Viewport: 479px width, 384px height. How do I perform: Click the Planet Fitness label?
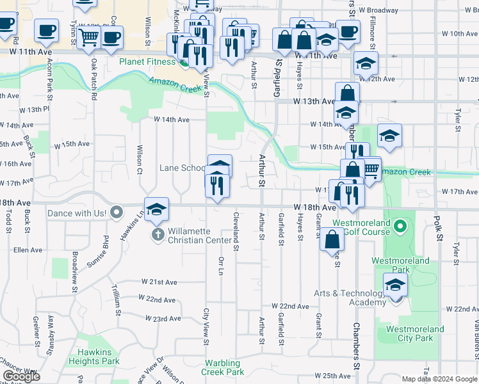coord(147,62)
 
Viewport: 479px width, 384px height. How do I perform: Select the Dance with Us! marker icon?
coord(116,211)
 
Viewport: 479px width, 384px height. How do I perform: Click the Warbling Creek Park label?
coord(222,367)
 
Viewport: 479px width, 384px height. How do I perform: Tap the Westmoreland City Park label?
coord(415,333)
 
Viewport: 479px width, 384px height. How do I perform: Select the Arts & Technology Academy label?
coord(350,298)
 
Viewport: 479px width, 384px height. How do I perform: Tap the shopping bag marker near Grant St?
coord(334,241)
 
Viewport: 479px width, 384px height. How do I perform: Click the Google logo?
coord(21,376)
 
